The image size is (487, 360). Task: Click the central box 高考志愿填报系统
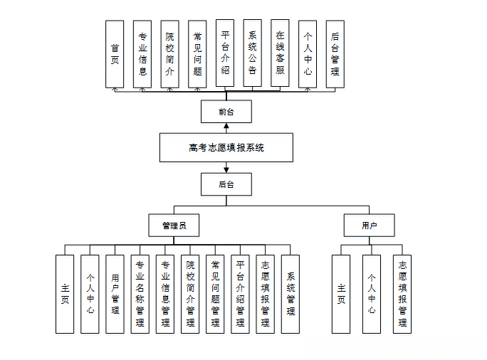coord(226,148)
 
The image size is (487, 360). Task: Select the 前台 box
coord(226,112)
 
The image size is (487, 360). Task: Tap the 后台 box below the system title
coord(226,185)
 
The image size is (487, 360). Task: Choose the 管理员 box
coord(174,226)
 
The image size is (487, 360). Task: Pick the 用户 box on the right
coord(369,226)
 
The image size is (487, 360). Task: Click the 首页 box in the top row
coord(115,54)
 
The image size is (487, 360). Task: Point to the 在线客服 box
coord(281,53)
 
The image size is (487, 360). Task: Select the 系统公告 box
coord(253,53)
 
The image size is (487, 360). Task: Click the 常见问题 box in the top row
coord(197,54)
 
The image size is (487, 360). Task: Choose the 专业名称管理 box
coord(140,294)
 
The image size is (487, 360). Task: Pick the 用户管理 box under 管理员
coord(115,294)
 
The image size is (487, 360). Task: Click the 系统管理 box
coord(290,294)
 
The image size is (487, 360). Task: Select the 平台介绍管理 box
coord(241,294)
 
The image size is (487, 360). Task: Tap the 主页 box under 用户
coord(341,294)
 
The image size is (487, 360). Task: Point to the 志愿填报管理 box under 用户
coord(402,294)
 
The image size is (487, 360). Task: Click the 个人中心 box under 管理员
coord(90,294)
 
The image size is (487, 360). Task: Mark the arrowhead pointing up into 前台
coord(226,126)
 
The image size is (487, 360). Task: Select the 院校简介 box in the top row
coord(169,54)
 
